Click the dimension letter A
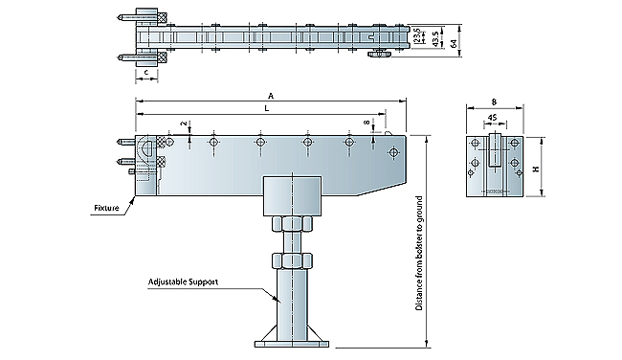coord(271,96)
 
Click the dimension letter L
coord(267,108)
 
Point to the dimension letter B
coord(494,102)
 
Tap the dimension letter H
coord(537,169)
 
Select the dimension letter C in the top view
coord(146,72)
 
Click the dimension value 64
coord(455,42)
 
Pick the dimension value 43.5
coord(436,39)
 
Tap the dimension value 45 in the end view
coord(492,118)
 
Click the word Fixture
coord(106,208)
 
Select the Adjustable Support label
coord(183,281)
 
